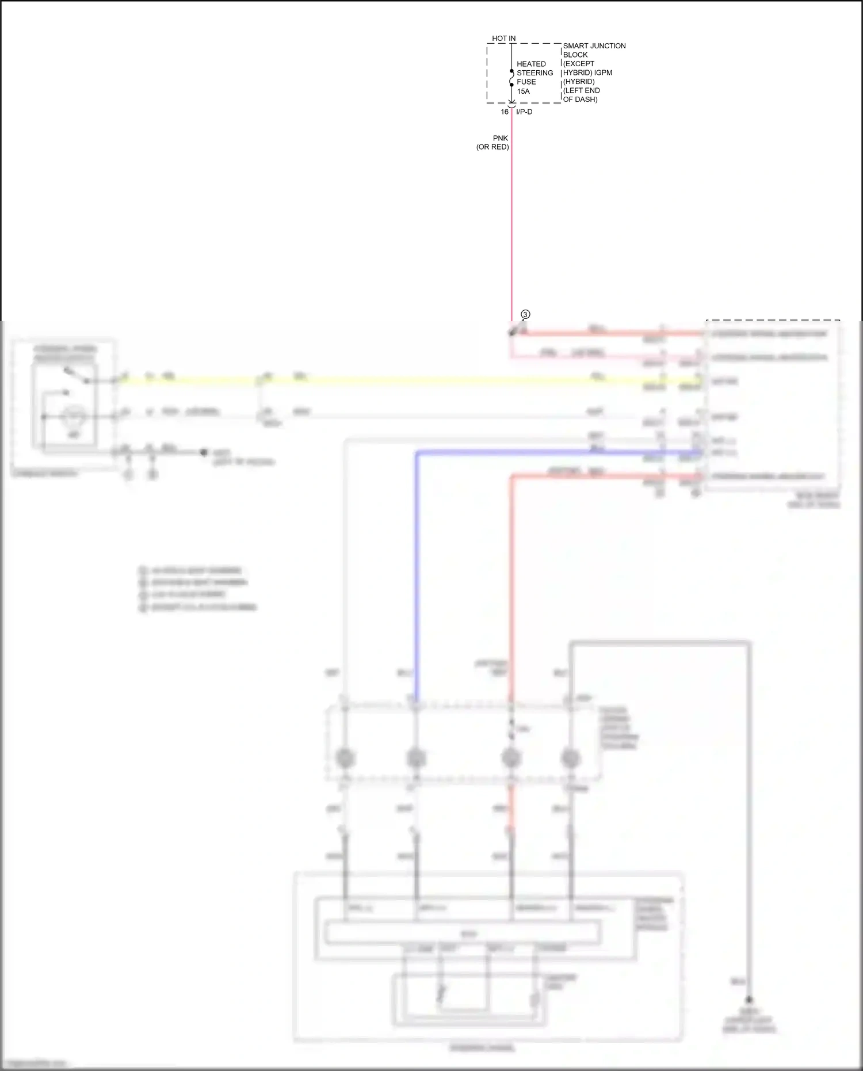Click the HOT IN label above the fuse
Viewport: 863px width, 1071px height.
pyautogui.click(x=503, y=39)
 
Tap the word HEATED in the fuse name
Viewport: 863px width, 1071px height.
pyautogui.click(x=531, y=64)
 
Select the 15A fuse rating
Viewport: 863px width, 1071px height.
pyautogui.click(x=523, y=91)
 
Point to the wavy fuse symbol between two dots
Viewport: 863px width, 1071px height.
pyautogui.click(x=511, y=78)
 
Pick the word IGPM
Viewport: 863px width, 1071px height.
pyautogui.click(x=604, y=73)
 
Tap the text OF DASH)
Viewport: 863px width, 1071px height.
pyautogui.click(x=580, y=100)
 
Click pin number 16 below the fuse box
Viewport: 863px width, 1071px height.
pyautogui.click(x=505, y=112)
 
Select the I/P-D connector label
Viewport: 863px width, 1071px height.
pyautogui.click(x=524, y=112)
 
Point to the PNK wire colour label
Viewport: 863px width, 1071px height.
pyautogui.click(x=501, y=138)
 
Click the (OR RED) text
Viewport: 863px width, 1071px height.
pyautogui.click(x=492, y=147)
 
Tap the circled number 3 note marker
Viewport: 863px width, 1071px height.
pyautogui.click(x=525, y=314)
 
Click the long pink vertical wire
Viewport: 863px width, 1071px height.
pyautogui.click(x=511, y=230)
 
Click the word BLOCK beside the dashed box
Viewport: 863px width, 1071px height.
pyautogui.click(x=575, y=55)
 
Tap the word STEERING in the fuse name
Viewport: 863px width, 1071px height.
pyautogui.click(x=534, y=73)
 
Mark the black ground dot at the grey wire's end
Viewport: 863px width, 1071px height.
pyautogui.click(x=750, y=1000)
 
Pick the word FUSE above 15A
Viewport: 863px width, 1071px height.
pyautogui.click(x=526, y=82)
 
